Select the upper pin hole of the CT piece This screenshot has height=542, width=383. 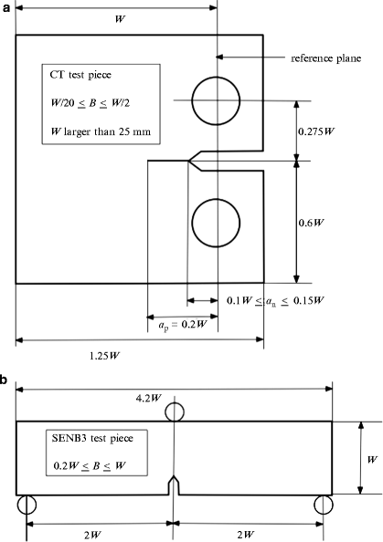pos(217,99)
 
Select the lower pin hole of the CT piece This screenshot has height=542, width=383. pos(217,223)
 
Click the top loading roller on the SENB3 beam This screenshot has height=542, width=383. pos(175,413)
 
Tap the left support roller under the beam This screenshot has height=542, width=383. pos(27,505)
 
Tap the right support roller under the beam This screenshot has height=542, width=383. pos(323,505)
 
